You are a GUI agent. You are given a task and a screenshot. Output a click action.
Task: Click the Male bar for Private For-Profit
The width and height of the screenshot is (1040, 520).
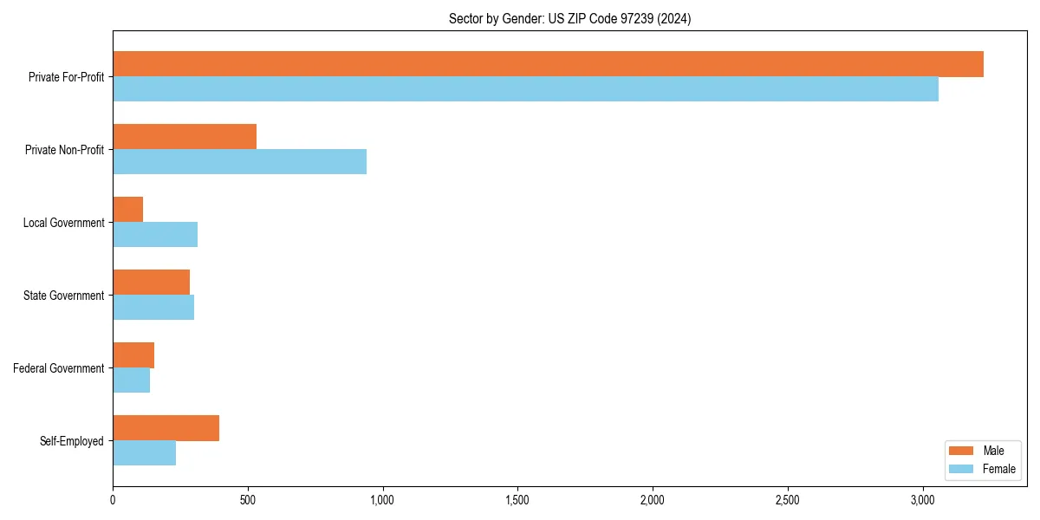point(548,64)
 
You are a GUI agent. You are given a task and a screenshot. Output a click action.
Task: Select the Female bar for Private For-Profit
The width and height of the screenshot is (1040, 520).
point(525,89)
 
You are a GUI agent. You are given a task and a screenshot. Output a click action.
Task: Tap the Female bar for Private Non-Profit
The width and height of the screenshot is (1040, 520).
point(239,162)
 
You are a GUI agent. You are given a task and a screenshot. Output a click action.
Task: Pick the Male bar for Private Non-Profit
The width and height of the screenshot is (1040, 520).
point(185,137)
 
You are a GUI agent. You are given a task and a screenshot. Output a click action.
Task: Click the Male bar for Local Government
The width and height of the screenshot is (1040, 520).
point(127,210)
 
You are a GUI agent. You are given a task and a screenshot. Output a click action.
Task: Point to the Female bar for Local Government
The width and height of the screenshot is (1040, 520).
point(155,235)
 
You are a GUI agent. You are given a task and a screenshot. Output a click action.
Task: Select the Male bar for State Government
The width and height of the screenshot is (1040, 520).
point(151,283)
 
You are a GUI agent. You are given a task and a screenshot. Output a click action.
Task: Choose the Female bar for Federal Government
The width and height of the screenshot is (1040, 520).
point(131,380)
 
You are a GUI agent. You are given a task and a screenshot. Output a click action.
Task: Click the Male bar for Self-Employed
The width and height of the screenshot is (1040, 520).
point(166,428)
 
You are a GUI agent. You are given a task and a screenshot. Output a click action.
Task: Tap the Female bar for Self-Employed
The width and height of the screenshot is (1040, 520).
point(144,453)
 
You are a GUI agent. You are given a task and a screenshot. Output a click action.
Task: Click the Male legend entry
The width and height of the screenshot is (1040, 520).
point(981,451)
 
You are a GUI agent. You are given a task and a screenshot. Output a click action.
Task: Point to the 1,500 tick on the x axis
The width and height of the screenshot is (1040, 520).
point(517,500)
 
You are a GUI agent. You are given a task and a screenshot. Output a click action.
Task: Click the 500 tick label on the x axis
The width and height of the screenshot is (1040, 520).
point(248,500)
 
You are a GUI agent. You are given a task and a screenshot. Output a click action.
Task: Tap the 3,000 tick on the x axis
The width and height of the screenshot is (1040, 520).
point(922,500)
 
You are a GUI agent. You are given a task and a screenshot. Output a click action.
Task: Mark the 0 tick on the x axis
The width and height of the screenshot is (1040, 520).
point(113,500)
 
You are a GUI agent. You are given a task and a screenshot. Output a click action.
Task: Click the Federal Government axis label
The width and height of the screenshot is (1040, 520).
point(59,368)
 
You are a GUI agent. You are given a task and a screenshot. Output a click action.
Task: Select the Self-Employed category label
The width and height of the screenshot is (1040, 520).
point(72,441)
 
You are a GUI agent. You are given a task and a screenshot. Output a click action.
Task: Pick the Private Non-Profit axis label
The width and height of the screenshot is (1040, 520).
point(64,150)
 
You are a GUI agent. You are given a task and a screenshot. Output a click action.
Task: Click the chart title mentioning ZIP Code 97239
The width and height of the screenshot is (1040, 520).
point(569,18)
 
